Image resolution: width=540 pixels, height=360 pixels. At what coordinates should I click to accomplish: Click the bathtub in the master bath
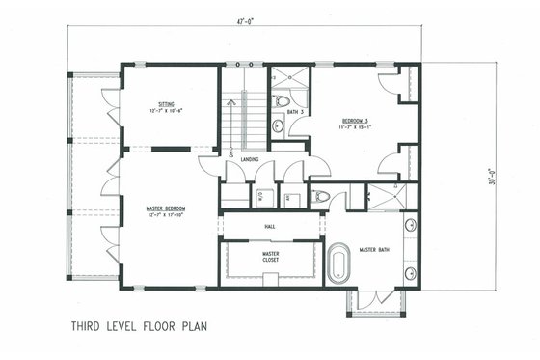(x=338, y=263)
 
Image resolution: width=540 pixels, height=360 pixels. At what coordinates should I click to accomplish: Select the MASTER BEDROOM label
(x=166, y=208)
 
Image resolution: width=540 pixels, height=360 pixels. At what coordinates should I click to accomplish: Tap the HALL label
(x=270, y=228)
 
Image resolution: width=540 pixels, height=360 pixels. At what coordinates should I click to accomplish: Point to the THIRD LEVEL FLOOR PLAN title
(x=140, y=326)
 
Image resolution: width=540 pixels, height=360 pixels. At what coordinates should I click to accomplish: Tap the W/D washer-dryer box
(x=260, y=199)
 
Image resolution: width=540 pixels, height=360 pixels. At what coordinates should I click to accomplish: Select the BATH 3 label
(x=296, y=113)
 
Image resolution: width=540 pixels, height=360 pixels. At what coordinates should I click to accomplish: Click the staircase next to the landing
(x=244, y=121)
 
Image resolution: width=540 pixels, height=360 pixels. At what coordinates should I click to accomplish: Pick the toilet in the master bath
(x=325, y=196)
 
